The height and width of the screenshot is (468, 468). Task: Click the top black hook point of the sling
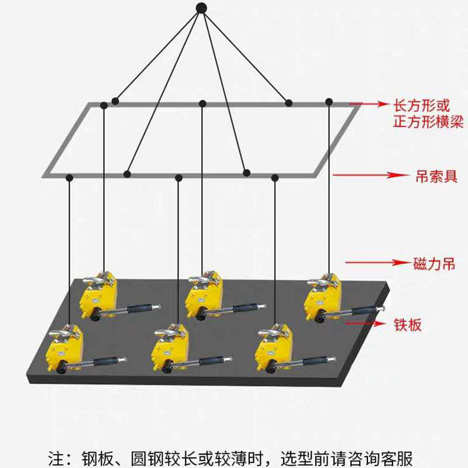click(x=201, y=8)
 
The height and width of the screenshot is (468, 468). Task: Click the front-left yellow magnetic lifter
click(x=65, y=352)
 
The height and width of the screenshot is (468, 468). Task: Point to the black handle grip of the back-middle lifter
click(x=243, y=307)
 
